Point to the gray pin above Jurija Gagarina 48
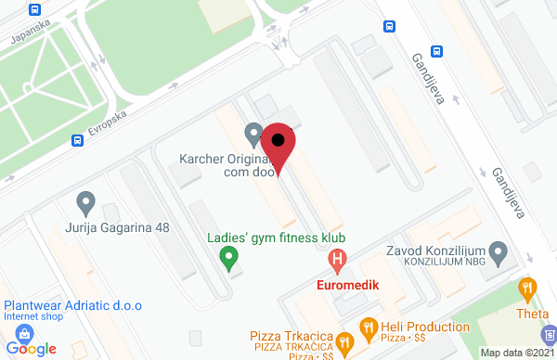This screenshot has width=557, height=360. (x=86, y=201)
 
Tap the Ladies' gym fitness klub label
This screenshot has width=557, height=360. (x=275, y=237)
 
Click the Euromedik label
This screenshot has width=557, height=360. (x=348, y=285)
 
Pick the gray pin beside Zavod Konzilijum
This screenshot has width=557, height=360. (x=499, y=251)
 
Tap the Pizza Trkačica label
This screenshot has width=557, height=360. (x=292, y=334)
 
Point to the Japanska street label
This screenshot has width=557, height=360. (x=26, y=36)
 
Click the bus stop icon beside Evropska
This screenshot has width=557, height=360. (x=76, y=141)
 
